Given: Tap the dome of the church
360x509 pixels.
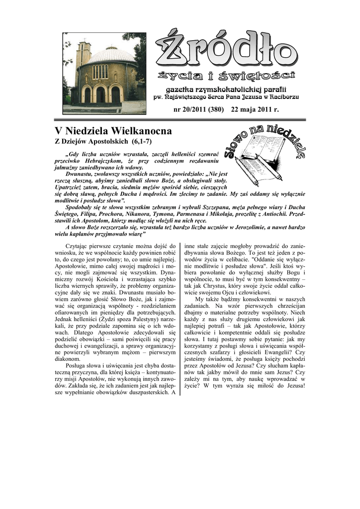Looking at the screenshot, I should [111, 55].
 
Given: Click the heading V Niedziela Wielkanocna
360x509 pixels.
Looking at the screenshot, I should [113, 131].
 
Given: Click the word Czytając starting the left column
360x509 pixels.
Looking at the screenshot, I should [79, 246].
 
